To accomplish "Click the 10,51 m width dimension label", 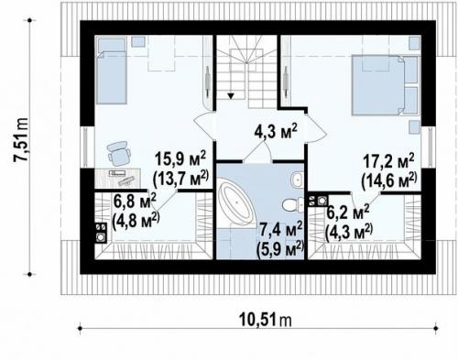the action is point(265,320).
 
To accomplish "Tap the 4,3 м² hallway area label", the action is point(275,131).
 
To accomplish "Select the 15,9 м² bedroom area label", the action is point(180,158).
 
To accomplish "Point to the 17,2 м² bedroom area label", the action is point(388,161).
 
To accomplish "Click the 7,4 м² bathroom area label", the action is point(281,230).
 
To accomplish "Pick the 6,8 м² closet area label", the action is point(135,201).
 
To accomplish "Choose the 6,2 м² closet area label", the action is point(348,213).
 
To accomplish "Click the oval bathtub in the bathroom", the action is point(237,202).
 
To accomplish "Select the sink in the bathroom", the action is point(297,180).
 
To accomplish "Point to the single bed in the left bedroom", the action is point(111,71).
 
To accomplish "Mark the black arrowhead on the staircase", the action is point(231,96).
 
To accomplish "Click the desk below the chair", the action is point(118,178).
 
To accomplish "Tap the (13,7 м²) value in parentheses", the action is point(181,178).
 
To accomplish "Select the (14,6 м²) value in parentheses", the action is point(389,180).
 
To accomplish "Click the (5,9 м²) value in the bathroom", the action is point(280,251).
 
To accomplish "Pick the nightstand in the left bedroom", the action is point(138,42).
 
